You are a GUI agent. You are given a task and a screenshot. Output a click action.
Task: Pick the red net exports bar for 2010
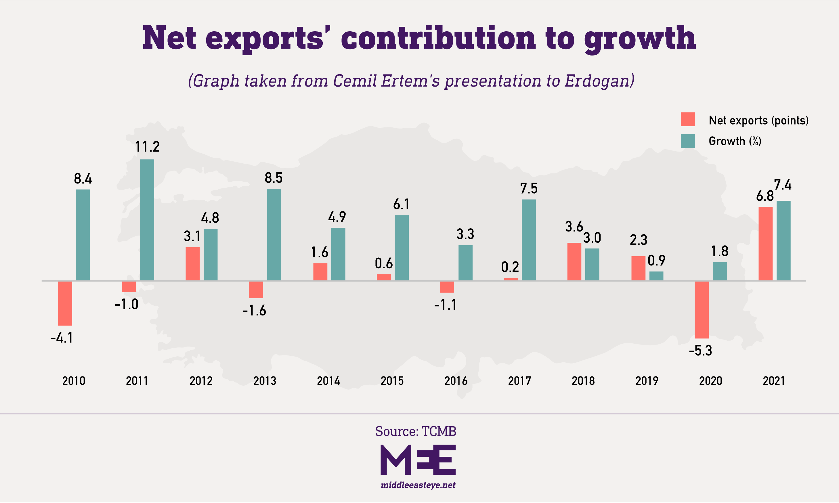[65, 303]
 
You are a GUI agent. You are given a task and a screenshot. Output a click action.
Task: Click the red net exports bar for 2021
[765, 243]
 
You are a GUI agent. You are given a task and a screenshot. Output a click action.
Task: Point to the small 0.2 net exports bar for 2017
[511, 279]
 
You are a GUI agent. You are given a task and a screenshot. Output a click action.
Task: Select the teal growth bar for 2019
[656, 276]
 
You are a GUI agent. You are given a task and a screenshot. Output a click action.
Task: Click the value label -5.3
[700, 351]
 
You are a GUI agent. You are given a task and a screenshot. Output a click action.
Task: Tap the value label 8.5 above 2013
[273, 178]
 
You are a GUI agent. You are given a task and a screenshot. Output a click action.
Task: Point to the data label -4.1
[62, 338]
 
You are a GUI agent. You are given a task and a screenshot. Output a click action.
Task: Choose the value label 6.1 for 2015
[401, 204]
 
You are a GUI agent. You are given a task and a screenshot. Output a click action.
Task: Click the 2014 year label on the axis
[328, 381]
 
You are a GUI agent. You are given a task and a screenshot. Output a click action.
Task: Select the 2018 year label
[583, 381]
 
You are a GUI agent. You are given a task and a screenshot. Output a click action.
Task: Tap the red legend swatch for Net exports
[687, 119]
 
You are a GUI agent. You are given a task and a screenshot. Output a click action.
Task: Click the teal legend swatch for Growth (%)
[687, 141]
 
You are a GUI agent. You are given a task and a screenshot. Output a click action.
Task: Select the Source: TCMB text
[416, 431]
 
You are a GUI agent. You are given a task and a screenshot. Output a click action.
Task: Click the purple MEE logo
[418, 460]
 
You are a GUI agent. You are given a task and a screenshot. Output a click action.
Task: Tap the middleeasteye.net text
[418, 485]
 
